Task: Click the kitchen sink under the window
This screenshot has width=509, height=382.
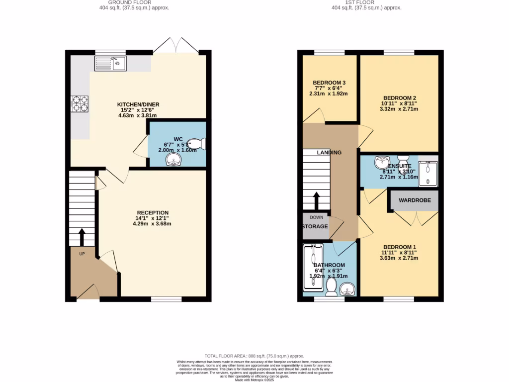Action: click(110, 63)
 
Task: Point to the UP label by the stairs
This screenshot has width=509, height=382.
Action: click(82, 253)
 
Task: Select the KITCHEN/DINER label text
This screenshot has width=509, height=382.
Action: click(138, 104)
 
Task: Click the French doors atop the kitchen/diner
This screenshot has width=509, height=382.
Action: click(177, 46)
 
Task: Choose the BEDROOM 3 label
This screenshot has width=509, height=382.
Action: click(329, 83)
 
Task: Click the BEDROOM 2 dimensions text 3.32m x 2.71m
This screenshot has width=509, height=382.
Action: click(399, 109)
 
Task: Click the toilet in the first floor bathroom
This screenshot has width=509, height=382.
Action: click(332, 286)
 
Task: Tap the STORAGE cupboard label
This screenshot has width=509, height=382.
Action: click(315, 227)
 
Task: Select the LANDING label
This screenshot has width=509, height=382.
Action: click(329, 153)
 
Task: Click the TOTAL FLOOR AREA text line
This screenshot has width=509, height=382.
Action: click(254, 357)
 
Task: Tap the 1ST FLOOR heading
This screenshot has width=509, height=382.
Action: click(366, 2)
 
